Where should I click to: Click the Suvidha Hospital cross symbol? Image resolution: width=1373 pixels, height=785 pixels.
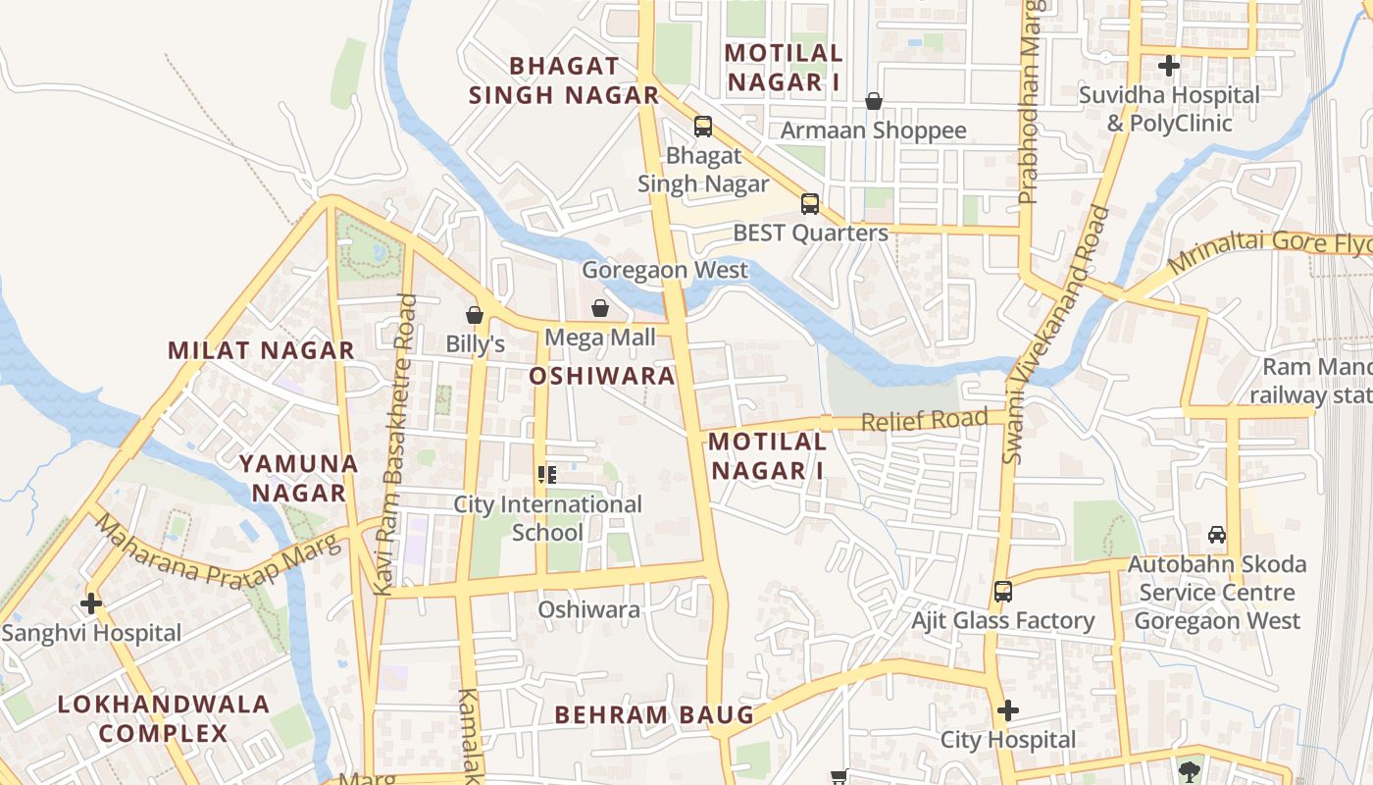[x=1168, y=67]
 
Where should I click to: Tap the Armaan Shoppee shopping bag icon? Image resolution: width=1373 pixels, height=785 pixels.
[x=873, y=101]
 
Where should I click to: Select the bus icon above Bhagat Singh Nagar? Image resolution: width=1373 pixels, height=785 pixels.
[x=702, y=126]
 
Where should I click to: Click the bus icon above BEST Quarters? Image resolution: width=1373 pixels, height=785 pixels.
[x=809, y=204]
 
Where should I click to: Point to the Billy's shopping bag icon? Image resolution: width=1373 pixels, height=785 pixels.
[x=475, y=315]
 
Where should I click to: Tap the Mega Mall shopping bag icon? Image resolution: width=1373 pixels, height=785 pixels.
[x=600, y=309]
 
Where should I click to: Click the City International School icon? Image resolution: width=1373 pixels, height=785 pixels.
[x=547, y=475]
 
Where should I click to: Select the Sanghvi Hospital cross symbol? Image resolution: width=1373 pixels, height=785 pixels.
[x=91, y=603]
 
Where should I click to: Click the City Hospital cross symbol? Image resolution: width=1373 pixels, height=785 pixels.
[x=1007, y=710]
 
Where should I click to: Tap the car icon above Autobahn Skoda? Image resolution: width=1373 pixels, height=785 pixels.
[x=1217, y=535]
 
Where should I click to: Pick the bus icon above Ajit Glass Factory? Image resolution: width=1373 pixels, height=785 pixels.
[x=1002, y=592]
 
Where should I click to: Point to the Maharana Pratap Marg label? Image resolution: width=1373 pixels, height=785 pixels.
[x=218, y=556]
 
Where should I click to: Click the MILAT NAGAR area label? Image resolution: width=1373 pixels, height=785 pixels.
[x=261, y=350]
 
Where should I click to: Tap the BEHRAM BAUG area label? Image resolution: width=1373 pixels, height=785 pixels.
[x=654, y=715]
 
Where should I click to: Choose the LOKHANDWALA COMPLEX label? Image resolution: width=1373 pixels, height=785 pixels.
[x=163, y=718]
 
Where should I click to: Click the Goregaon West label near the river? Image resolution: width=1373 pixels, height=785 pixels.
[x=665, y=270]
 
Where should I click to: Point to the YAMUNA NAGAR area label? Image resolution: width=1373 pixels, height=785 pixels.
[x=298, y=477]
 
